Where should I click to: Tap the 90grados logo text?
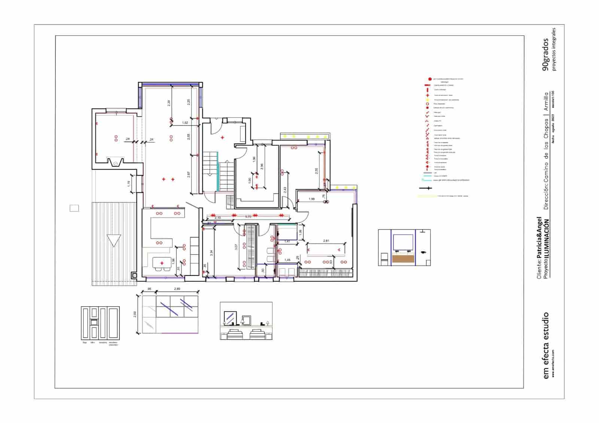(545, 54)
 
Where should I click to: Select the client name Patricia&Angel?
(539, 237)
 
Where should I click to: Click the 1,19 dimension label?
(128, 184)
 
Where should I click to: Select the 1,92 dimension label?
(185, 123)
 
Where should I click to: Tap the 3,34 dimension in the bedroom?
(212, 253)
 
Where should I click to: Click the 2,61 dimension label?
(326, 241)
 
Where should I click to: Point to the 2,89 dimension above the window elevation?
(177, 289)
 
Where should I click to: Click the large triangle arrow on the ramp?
(114, 240)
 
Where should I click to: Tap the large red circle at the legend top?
(429, 79)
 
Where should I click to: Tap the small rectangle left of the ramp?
(75, 208)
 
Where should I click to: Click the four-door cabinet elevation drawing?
(100, 323)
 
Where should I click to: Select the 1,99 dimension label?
(311, 199)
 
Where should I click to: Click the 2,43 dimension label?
(285, 190)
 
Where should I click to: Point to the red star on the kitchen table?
(162, 264)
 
